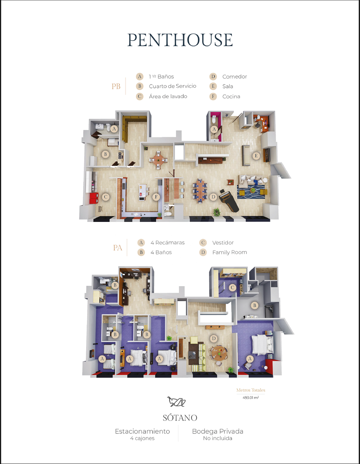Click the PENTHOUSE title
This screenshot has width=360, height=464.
[180, 40]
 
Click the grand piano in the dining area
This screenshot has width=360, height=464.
[229, 200]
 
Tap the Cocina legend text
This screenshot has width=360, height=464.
[231, 97]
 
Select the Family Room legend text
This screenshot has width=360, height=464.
[229, 252]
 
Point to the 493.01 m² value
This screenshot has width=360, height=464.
[251, 397]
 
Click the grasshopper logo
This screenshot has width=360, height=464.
[177, 402]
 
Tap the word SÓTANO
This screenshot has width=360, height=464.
[180, 418]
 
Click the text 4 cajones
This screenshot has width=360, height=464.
[142, 438]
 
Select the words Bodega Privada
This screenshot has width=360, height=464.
[217, 432]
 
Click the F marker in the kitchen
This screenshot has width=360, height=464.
[156, 197]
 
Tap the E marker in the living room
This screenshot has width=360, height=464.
[256, 156]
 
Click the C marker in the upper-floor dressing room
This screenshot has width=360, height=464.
[233, 287]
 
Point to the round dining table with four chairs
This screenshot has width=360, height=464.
[158, 160]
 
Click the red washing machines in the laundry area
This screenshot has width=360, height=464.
[94, 198]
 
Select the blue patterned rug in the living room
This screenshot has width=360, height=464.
[251, 191]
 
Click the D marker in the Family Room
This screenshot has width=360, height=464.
[214, 338]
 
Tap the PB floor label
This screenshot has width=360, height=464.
[116, 86]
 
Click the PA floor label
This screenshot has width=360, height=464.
[117, 248]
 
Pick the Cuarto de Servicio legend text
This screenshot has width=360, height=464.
[173, 86]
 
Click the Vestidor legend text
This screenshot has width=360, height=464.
[223, 243]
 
